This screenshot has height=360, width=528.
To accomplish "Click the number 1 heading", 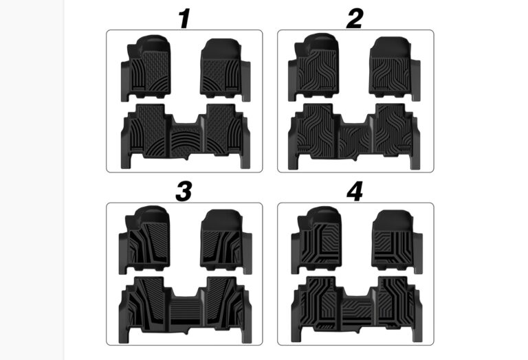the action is (x=184, y=19).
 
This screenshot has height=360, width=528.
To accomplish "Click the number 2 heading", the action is (x=355, y=19).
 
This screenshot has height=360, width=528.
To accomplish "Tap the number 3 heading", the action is (x=184, y=192).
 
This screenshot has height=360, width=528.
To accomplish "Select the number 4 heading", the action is (x=355, y=192).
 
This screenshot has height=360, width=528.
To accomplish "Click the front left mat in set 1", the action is (x=146, y=67).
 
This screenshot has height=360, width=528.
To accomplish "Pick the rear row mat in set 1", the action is (x=186, y=136).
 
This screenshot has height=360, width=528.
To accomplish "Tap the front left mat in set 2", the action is (x=313, y=67).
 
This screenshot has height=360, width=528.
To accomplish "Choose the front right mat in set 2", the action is (x=395, y=68).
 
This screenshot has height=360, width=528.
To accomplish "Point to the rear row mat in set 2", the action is (x=354, y=136).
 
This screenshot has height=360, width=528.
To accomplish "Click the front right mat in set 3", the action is (x=226, y=241).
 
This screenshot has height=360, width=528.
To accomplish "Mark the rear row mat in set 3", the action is (x=185, y=310).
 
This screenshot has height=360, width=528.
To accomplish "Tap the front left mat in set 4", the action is (x=316, y=240).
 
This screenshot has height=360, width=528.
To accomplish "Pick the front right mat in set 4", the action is (x=397, y=241).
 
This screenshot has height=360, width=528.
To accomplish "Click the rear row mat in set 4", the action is (x=357, y=309).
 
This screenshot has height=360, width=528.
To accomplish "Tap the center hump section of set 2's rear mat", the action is (x=354, y=139).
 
